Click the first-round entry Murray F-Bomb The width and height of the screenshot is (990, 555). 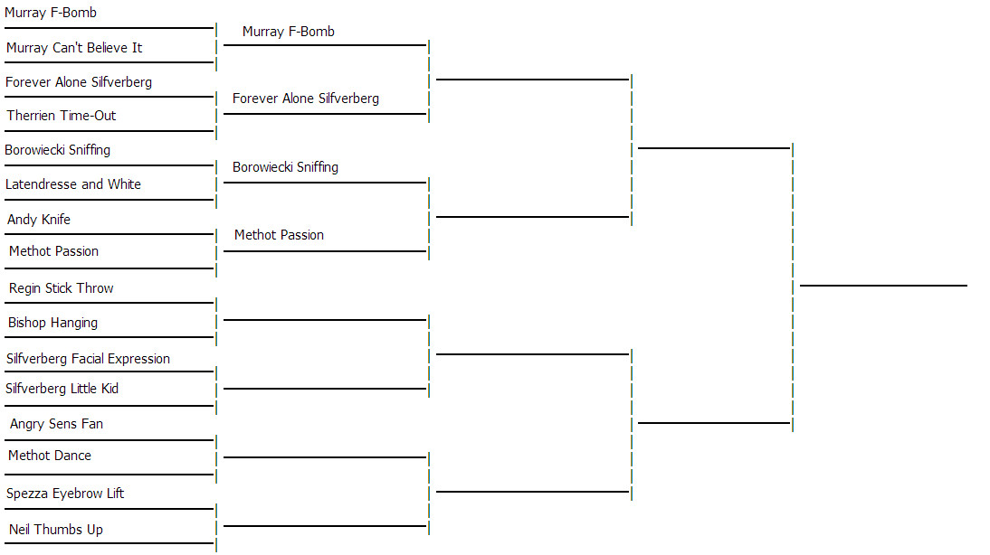tap(51, 14)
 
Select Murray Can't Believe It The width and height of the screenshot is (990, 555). tap(74, 48)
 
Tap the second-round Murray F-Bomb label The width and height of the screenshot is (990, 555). tap(289, 32)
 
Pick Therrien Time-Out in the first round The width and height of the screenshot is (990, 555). tap(62, 116)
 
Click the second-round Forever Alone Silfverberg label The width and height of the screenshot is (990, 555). tap(306, 99)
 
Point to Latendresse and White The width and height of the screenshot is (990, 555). tap(73, 184)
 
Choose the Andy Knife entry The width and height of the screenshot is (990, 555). tap(39, 220)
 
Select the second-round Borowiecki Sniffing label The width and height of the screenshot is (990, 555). tap(285, 167)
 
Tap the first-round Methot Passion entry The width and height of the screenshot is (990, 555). tap(53, 251)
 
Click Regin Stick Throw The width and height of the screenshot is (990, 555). tap(62, 288)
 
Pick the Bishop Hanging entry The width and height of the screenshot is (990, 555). tap(52, 323)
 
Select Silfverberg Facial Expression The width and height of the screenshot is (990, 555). tap(88, 359)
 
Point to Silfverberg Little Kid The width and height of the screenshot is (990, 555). tap(62, 389)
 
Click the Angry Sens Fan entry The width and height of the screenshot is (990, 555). tap(56, 424)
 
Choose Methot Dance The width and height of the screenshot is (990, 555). tap(50, 456)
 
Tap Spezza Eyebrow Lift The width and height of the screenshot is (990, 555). tap(65, 494)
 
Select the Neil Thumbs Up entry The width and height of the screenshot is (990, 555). tap(56, 530)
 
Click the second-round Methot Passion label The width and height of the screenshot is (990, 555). tap(279, 235)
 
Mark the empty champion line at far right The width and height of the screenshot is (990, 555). tap(883, 285)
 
